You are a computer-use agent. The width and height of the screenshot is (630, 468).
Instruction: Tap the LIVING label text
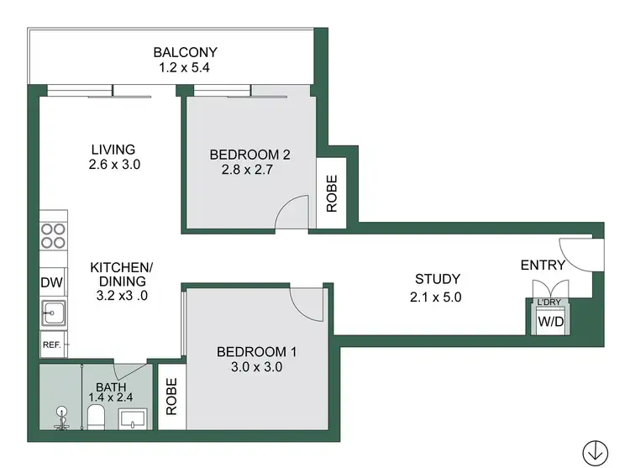coord(113,150)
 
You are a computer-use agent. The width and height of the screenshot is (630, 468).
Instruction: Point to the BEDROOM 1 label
coord(256,352)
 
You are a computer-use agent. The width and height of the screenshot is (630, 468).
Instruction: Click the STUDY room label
coord(437,280)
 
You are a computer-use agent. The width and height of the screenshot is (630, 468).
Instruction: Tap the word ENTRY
coord(543,266)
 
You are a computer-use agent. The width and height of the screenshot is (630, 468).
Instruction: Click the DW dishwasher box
coord(51,283)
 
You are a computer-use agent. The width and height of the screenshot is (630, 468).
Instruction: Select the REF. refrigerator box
coord(51,343)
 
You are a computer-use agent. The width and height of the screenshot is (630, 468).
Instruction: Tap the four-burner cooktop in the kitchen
coord(54,234)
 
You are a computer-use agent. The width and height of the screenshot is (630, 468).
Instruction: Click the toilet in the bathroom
coord(95,416)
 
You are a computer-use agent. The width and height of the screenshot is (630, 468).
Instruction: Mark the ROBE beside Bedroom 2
coord(331,192)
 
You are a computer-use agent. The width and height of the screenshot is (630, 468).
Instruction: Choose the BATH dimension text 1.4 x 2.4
coord(111,397)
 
